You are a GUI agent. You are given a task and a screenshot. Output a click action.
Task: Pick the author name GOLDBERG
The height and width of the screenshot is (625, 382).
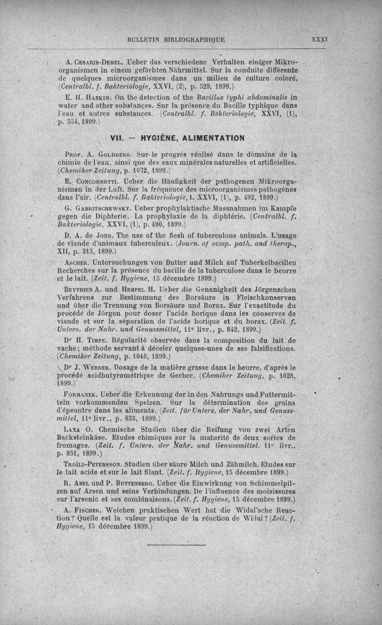pos(109,155)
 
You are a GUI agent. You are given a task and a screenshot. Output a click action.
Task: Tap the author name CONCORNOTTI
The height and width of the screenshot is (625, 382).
pos(95,182)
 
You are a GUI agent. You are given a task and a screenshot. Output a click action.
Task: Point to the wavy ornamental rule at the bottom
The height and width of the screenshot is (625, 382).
pos(177,545)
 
